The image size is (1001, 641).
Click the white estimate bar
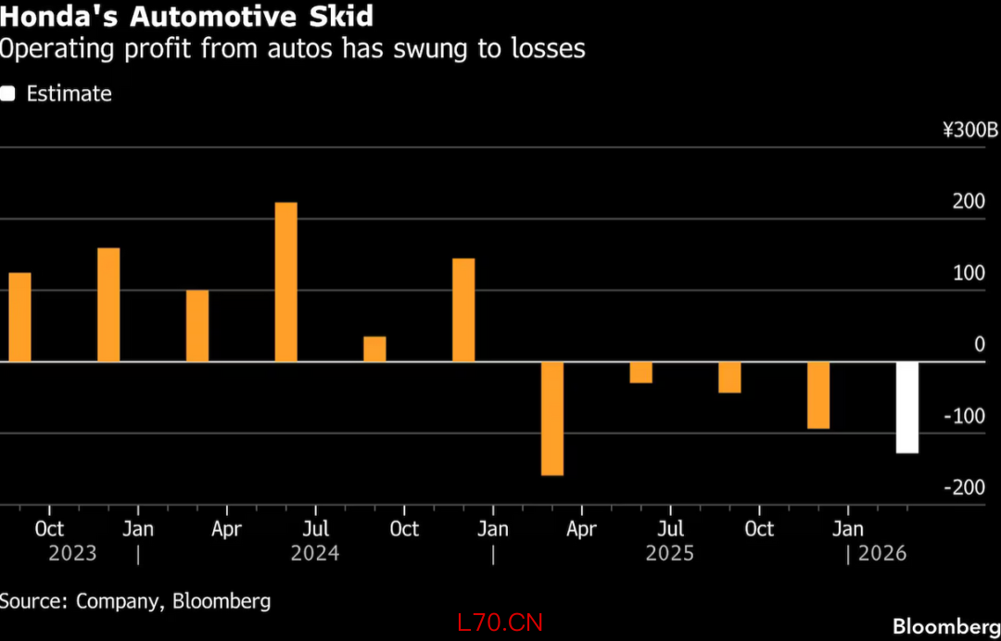pyautogui.click(x=906, y=407)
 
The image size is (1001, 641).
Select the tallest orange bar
pyautogui.click(x=285, y=282)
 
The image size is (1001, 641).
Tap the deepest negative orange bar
pyautogui.click(x=552, y=418)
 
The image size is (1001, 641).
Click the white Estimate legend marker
pyautogui.click(x=8, y=94)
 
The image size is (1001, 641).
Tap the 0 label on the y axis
pyautogui.click(x=979, y=345)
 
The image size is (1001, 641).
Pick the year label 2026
pyautogui.click(x=881, y=554)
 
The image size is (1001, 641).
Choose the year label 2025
pyautogui.click(x=670, y=554)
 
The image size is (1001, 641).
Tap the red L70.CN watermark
pyautogui.click(x=500, y=622)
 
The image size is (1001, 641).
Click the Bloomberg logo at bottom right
pyautogui.click(x=945, y=627)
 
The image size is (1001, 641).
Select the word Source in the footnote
pyautogui.click(x=30, y=601)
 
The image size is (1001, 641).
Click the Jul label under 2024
pyautogui.click(x=315, y=529)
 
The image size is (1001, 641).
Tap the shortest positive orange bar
pyautogui.click(x=374, y=348)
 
